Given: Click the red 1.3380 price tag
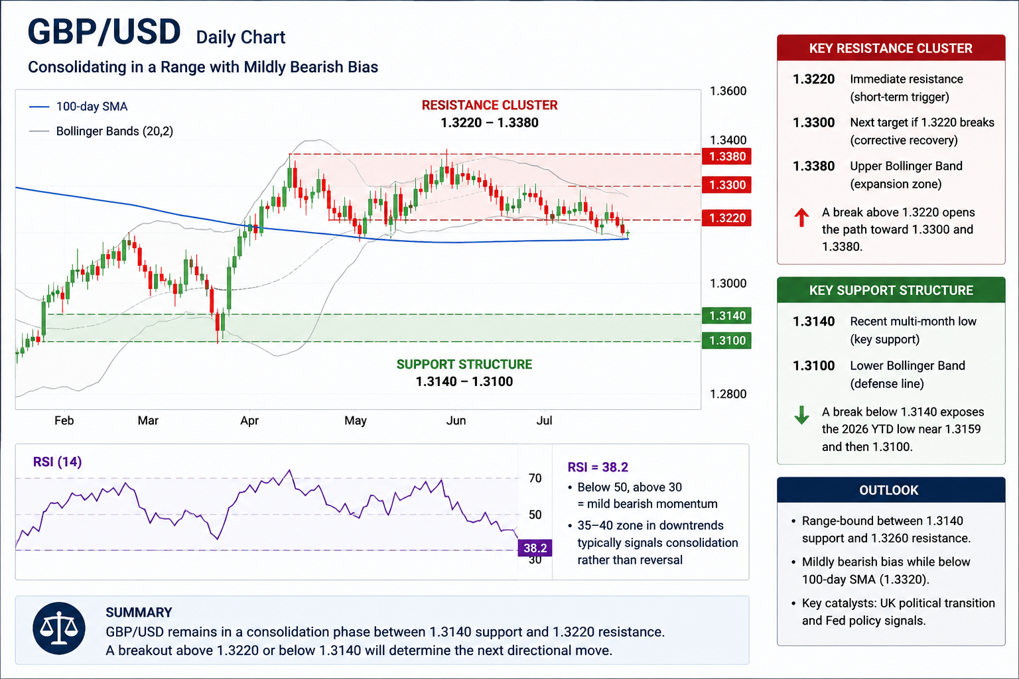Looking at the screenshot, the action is [726, 156].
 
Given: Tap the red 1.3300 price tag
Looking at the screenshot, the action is [726, 185].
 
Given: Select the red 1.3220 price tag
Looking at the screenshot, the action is [726, 218].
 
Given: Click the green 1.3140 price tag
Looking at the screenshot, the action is [726, 316].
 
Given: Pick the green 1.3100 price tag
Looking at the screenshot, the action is [726, 341].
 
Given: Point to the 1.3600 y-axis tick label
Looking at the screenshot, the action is [728, 91].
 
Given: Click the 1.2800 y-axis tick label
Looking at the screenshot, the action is [728, 394].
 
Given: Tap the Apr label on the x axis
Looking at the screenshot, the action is [249, 420].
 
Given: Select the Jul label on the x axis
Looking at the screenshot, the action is [544, 420].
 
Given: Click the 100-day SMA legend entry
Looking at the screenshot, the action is [78, 106].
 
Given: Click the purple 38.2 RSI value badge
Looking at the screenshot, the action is [535, 548].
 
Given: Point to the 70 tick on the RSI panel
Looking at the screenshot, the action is [535, 478].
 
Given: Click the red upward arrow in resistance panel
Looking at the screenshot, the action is [801, 217].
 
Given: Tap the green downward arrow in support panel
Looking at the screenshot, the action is [801, 415].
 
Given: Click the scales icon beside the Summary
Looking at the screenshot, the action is [58, 629].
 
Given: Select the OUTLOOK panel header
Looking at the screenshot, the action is [891, 490].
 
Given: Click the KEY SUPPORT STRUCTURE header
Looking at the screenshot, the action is [891, 290].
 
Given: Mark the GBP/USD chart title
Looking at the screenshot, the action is [104, 32].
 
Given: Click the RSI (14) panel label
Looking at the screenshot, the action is [57, 462].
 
